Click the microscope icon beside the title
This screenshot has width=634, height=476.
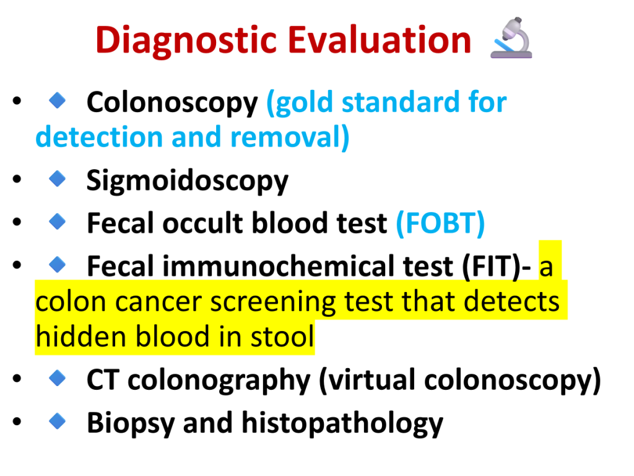coord(511,38)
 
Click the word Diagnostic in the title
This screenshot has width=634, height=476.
coord(186,40)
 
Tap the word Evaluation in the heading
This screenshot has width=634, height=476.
coord(380,40)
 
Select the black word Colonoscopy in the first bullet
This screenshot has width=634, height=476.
coord(172,103)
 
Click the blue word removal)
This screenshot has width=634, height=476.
coord(290,137)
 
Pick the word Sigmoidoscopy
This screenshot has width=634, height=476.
coord(188,181)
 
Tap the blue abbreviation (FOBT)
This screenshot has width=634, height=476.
coord(440,223)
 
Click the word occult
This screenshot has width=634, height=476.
coord(203,223)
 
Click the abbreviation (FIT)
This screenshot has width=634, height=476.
coord(491,267)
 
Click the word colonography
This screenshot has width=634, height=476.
coord(219,381)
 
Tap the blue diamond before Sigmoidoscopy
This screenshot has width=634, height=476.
coord(58,178)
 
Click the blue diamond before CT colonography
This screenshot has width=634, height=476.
coord(58,378)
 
